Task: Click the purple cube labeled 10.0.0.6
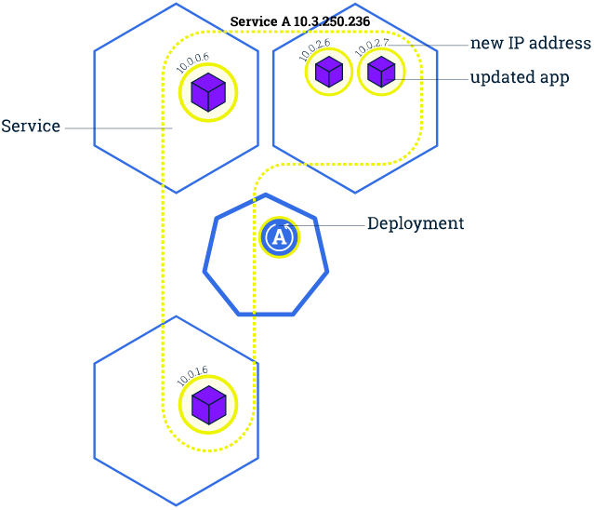tap(208, 93)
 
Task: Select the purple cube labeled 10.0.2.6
tap(328, 72)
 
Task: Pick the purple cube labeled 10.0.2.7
tap(381, 72)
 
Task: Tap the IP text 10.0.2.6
tap(315, 49)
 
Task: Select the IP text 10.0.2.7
tap(372, 47)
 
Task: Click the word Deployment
tap(415, 224)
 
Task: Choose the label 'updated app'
tap(519, 78)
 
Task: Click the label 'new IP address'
tap(530, 43)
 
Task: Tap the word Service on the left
tap(31, 126)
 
